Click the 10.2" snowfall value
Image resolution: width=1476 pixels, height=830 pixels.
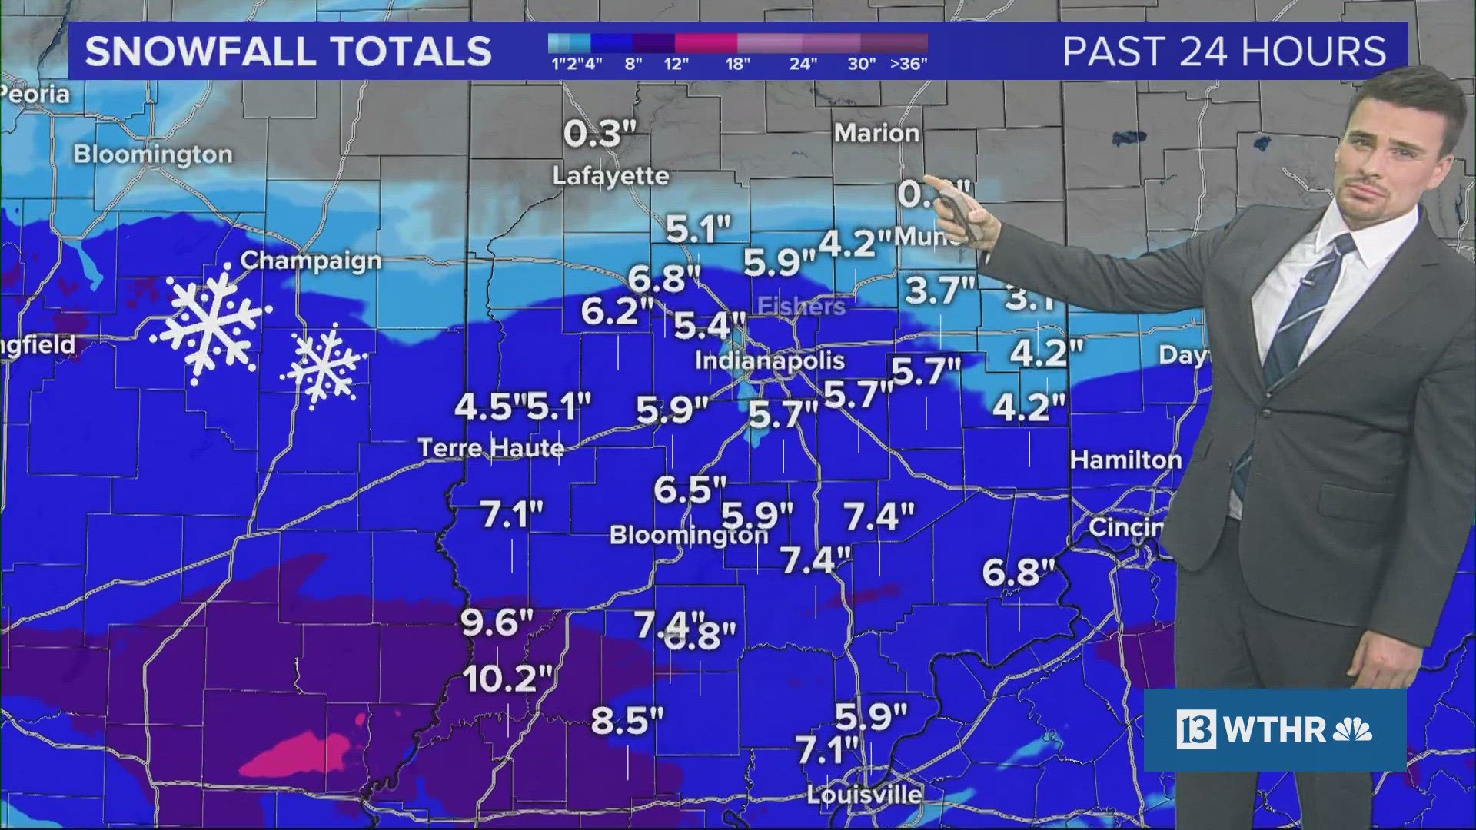click(508, 679)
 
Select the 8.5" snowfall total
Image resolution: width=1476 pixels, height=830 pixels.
click(627, 721)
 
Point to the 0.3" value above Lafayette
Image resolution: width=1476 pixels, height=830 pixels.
click(600, 134)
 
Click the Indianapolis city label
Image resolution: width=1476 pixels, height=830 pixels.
click(770, 360)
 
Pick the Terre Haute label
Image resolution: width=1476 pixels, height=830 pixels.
click(490, 447)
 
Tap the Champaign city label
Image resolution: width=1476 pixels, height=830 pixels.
click(311, 261)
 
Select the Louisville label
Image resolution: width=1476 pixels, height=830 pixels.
click(864, 794)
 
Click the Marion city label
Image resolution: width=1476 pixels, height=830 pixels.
click(876, 133)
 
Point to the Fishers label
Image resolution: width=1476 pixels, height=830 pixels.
click(801, 307)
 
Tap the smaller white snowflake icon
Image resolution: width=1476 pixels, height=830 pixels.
click(324, 366)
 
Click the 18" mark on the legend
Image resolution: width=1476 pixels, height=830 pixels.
click(737, 64)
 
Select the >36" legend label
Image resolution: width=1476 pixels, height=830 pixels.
click(909, 64)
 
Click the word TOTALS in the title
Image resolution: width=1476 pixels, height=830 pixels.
click(401, 51)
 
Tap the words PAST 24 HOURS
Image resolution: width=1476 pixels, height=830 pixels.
click(1224, 51)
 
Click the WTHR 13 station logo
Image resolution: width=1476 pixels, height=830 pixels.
click(1273, 729)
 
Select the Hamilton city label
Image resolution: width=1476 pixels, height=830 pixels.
click(1125, 460)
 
